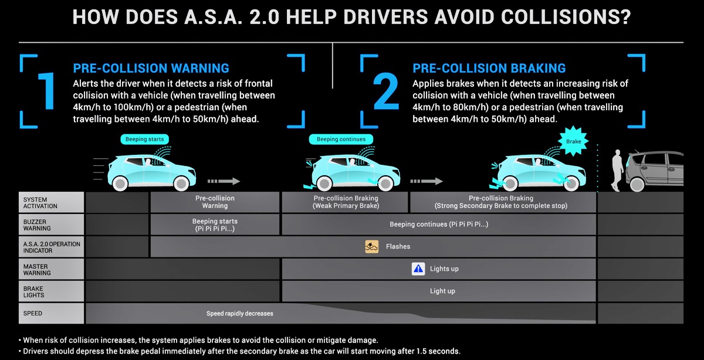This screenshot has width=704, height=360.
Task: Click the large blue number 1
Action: [47, 91]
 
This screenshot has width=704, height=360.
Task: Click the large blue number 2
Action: [386, 91]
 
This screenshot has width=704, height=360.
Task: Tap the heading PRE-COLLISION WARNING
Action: [151, 68]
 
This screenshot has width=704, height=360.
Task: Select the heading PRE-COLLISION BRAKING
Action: [489, 68]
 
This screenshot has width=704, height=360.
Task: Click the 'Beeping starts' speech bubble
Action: [144, 139]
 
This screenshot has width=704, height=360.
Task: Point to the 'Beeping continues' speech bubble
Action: [341, 139]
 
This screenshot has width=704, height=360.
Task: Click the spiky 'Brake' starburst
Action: [573, 141]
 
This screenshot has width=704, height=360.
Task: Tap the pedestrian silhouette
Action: [617, 170]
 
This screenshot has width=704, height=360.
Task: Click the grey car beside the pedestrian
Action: [654, 171]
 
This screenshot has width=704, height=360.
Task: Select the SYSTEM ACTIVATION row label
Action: [51, 202]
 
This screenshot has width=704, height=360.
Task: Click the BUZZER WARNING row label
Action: [51, 225]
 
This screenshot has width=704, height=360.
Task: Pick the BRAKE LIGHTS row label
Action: [51, 291]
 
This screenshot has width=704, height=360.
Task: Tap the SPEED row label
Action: [51, 313]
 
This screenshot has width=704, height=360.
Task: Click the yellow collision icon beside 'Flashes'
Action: [372, 247]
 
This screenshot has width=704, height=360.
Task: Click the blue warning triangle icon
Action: [418, 269]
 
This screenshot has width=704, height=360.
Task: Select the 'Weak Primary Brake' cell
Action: [345, 202]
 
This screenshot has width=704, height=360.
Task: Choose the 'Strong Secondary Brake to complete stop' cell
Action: [503, 202]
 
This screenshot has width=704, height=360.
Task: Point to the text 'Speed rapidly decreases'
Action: [240, 314]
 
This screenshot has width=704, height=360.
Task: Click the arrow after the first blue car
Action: [224, 181]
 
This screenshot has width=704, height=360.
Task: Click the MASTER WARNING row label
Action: [51, 269]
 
